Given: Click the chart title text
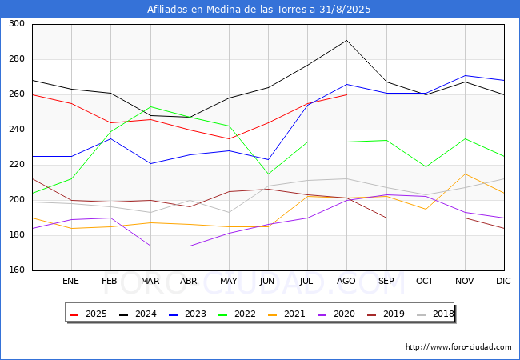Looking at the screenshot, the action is tap(258, 10).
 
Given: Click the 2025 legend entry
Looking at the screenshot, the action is tap(88, 314).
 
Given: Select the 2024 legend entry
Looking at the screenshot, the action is tap(138, 314).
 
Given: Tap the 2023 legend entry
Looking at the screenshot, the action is tap(187, 314).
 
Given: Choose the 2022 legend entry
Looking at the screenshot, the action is tap(237, 314).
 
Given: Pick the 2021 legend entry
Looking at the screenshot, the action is tap(286, 314).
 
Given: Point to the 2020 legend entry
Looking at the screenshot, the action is tap(336, 314).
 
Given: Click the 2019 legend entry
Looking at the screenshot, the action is tap(386, 314).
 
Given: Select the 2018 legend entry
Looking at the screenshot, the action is tap(435, 314).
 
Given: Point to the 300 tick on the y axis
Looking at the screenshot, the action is tap(17, 23).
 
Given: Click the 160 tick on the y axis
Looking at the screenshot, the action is tap(17, 270).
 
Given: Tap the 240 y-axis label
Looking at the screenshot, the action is tap(17, 130).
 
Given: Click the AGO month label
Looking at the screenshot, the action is tap(346, 281).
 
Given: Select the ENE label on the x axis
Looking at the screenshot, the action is tap(70, 281).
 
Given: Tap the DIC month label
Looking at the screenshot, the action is tap(503, 281).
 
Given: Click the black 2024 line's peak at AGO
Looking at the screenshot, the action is tap(347, 40).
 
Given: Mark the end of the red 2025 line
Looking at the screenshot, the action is tap(347, 95).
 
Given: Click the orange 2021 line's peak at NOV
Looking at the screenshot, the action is tap(466, 174).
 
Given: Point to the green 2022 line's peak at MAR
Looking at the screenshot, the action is tap(150, 106).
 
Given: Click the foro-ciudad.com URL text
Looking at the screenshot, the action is tap(458, 347).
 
